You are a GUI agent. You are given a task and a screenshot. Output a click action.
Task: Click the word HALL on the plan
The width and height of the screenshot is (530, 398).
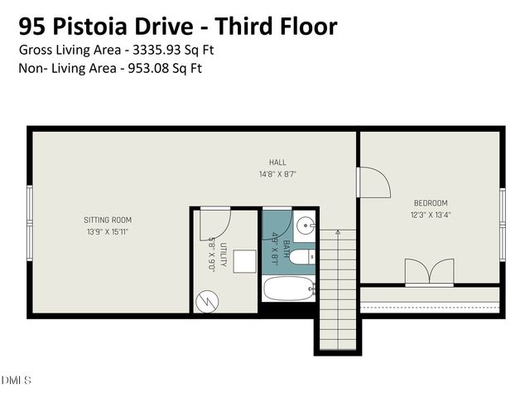(x=277, y=162)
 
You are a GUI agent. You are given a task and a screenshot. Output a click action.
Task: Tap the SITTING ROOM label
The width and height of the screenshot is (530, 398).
(x=108, y=220)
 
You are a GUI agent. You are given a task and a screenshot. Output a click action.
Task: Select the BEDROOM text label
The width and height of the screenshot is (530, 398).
(x=431, y=203)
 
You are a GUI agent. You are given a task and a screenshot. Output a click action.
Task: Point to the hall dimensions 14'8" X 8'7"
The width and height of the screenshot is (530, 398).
(x=277, y=174)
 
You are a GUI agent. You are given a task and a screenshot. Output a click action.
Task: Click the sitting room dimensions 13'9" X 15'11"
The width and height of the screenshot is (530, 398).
(x=108, y=232)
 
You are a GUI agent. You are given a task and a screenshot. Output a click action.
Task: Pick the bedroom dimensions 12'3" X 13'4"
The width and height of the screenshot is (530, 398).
(x=431, y=215)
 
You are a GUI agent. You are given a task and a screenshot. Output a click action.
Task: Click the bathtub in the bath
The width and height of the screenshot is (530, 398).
(x=288, y=289)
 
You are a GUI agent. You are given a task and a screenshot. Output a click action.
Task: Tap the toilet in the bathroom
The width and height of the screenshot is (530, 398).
(x=301, y=256)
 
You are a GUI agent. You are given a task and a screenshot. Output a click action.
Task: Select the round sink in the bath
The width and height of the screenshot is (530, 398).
(x=305, y=225)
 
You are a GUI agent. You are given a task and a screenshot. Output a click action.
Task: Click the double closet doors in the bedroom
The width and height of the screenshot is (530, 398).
(x=429, y=272)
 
